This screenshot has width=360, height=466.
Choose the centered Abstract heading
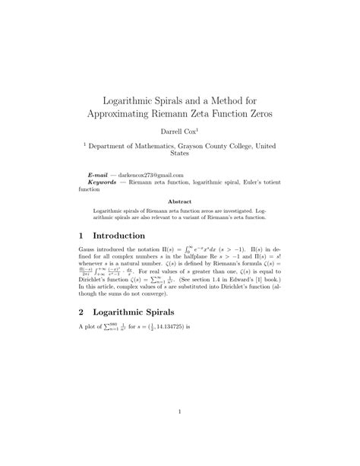coord(180,201)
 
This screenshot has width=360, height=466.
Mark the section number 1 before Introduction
coord(82,236)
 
